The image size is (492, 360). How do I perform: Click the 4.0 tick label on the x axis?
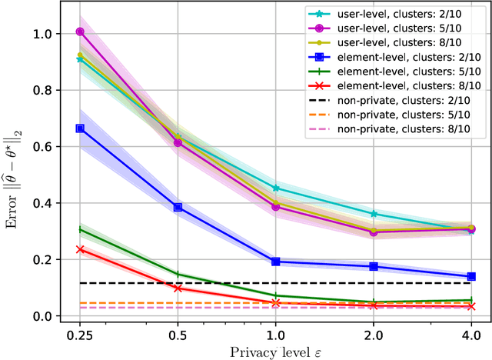point(471,335)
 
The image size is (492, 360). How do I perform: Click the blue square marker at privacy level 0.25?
point(80,128)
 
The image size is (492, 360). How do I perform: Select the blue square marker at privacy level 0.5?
point(178,208)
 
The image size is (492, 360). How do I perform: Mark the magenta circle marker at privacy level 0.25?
point(80,32)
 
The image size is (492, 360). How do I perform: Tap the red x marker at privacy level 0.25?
point(80,249)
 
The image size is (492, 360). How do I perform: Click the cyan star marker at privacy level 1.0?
point(275,188)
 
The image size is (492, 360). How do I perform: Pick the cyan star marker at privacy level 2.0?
point(374,214)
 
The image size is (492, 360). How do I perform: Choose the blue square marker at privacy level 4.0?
point(471,276)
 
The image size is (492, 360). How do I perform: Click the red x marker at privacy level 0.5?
point(178,288)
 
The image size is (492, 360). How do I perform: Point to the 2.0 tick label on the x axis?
point(374,335)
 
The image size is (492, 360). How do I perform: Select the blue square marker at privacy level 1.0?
point(275,262)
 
